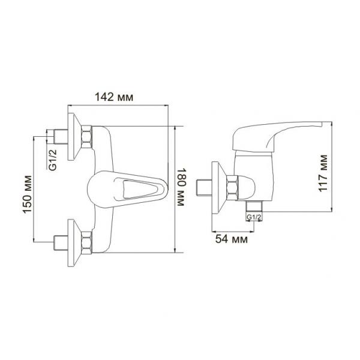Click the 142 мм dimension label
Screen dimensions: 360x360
(x=114, y=97)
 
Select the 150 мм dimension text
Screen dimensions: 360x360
(x=28, y=194)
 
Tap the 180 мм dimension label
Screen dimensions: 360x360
(x=181, y=187)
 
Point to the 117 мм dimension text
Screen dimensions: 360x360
(x=323, y=173)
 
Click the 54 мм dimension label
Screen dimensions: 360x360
(x=232, y=239)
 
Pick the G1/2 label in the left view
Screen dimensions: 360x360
(x=53, y=160)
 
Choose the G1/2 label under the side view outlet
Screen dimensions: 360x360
(x=254, y=217)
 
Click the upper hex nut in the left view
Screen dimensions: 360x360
(x=87, y=137)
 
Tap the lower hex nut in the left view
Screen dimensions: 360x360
(x=87, y=242)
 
